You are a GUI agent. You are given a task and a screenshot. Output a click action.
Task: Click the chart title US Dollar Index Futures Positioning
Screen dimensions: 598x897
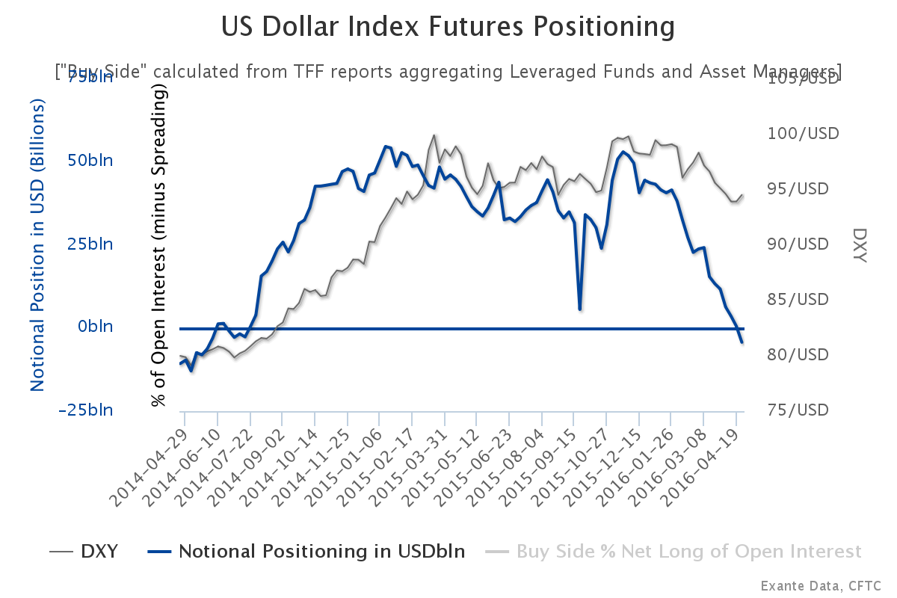[x=448, y=28]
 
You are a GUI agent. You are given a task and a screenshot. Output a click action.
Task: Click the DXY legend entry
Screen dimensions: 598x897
[x=84, y=552]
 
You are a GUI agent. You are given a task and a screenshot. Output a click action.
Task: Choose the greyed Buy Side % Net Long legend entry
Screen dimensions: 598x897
[x=673, y=552]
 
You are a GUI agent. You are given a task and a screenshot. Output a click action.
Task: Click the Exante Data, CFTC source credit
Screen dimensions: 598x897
[x=821, y=585]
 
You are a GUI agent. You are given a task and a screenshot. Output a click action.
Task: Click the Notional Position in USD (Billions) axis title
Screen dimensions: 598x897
[x=38, y=244]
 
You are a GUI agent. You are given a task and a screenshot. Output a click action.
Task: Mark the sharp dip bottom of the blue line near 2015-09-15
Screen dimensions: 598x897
[x=579, y=308]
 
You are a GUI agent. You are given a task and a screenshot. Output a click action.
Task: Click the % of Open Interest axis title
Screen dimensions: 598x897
[x=158, y=244]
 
